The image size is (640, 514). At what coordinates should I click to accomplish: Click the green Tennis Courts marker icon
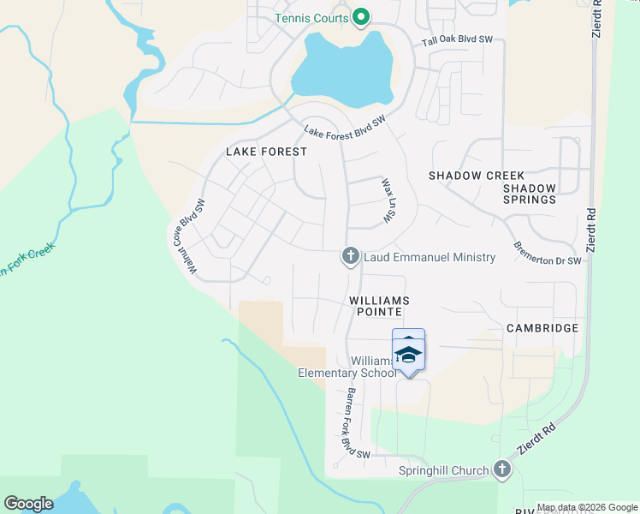[x=361, y=17]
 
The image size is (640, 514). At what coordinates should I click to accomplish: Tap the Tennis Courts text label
[x=311, y=18]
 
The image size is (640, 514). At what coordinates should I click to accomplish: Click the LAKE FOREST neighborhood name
[x=266, y=152]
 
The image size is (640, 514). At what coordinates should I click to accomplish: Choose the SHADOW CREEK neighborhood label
[x=476, y=175]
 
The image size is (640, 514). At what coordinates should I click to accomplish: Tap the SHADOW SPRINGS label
[x=530, y=194]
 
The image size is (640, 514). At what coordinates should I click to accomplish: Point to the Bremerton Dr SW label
[x=547, y=254]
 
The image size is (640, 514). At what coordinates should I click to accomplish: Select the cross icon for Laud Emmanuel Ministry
[x=350, y=256]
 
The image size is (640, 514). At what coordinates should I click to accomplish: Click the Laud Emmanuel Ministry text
[x=430, y=257]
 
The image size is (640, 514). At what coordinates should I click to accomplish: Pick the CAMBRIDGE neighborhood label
[x=542, y=328]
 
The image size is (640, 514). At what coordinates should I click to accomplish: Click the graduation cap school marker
[x=408, y=353]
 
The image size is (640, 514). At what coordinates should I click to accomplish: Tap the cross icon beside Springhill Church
[x=501, y=469]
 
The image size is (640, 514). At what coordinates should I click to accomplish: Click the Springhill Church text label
[x=443, y=470]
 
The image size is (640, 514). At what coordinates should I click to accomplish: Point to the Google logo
[x=28, y=504]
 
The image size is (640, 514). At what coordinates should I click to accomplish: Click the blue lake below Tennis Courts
[x=342, y=69]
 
